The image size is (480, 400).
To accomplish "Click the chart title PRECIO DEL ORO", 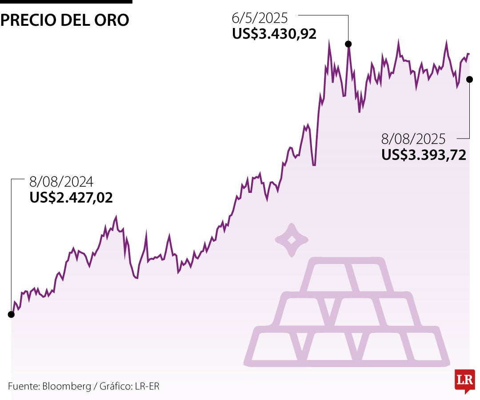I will tap(65, 20).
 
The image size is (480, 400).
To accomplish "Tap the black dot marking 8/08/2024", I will tap(11, 314).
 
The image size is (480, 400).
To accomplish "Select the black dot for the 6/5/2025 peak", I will tap(348, 44).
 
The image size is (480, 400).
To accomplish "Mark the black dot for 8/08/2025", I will tap(469, 79).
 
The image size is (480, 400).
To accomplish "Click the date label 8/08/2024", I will tap(61, 182).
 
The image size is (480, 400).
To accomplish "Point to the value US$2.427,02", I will tap(71, 197).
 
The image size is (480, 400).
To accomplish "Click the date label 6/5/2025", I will tap(260, 18).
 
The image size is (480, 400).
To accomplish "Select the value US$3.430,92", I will tap(274, 34).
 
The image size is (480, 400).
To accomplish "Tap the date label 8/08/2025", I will tap(413, 139).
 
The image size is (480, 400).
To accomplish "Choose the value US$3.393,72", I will tap(424, 155).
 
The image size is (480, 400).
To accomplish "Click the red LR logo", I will tap(464, 381).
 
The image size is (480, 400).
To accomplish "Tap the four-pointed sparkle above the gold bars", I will tap(292, 240).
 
